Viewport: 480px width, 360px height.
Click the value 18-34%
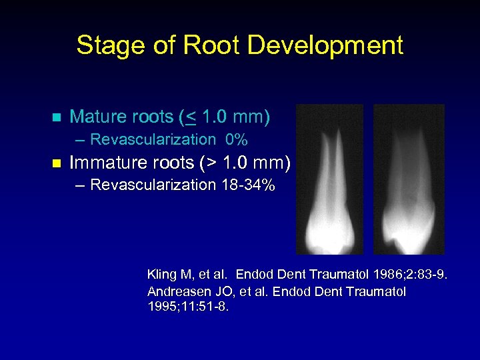coord(248,185)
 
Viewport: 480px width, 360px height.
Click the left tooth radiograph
coord(329,179)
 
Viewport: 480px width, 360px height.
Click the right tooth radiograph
coord(409,179)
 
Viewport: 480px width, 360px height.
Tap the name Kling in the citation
coord(161,274)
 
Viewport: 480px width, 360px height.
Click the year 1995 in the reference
coord(163,307)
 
